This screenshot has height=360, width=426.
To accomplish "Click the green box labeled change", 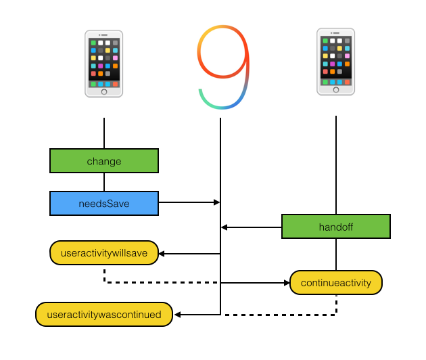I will (103, 161).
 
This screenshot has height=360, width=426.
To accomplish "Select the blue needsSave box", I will (103, 203).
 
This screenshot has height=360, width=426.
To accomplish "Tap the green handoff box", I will (335, 227).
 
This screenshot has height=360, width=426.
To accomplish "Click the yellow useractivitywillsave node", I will (103, 253).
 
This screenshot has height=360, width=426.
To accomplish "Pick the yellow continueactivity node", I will (335, 282).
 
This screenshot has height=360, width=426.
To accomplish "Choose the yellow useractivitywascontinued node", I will (103, 315).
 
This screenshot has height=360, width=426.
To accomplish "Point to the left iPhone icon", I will (103, 63).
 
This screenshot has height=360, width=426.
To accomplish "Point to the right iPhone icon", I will (335, 61).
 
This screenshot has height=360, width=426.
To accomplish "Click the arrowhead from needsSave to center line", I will (216, 202).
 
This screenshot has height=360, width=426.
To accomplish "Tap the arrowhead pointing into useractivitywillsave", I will (162, 254).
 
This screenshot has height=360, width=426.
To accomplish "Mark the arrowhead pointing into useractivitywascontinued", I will (176, 315).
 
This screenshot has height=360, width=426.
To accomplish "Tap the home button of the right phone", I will (335, 89).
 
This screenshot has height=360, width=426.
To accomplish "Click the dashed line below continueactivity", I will (284, 315).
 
